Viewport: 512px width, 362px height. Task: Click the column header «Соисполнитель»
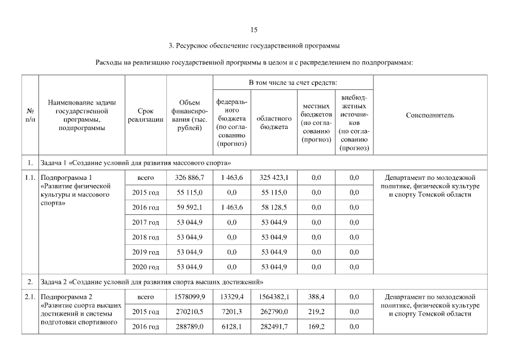tap(430, 115)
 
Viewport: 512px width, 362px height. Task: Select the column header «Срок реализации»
tap(145, 115)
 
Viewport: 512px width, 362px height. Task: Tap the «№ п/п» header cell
tap(29, 115)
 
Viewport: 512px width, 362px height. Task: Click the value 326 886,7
tap(190, 178)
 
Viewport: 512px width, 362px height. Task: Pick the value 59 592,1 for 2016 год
tap(190, 208)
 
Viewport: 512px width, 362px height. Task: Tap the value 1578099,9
tap(190, 296)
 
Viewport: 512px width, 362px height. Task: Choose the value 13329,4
tap(231, 296)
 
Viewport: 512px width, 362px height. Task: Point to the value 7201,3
tap(231, 311)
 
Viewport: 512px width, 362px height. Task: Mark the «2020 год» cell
tap(145, 267)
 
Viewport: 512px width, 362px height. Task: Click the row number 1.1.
tap(29, 178)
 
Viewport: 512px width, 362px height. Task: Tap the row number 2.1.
tap(29, 296)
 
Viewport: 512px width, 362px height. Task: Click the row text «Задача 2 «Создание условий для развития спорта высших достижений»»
tap(153, 282)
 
